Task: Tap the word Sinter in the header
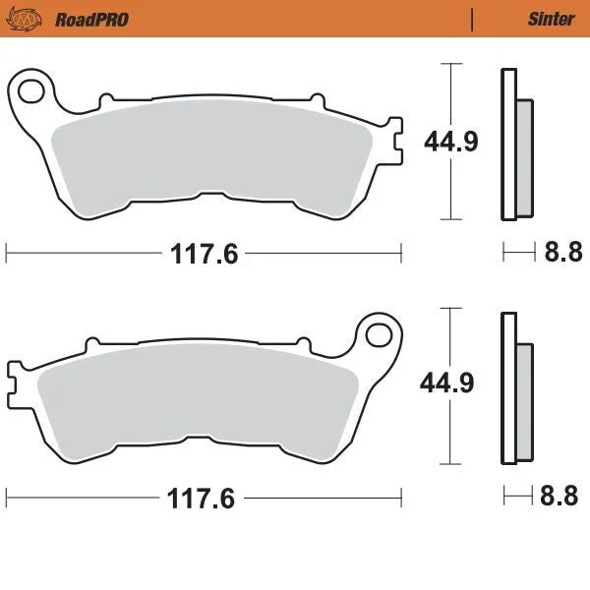point(552,19)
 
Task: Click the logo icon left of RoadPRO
point(31,18)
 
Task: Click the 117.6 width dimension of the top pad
point(204,254)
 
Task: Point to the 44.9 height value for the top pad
point(451,142)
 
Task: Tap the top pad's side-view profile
point(509,146)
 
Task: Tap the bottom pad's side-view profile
point(509,388)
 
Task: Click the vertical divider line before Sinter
point(473,19)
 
